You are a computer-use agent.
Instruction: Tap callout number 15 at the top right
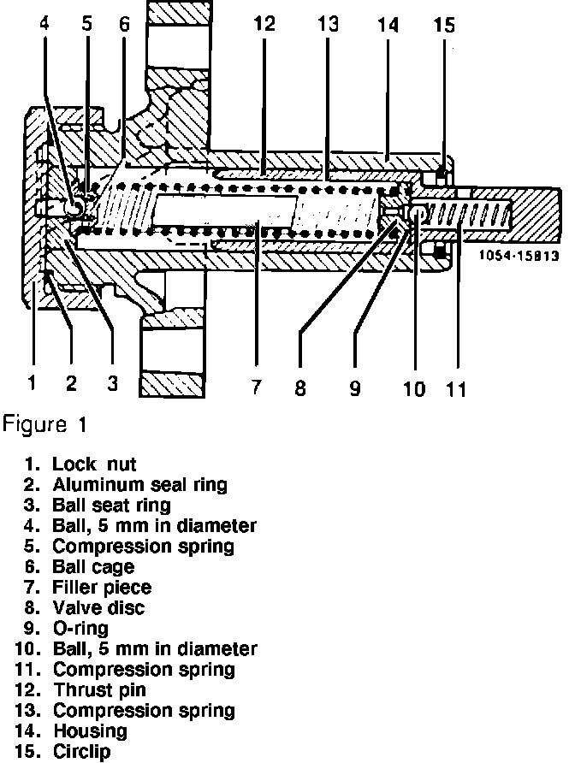click(445, 24)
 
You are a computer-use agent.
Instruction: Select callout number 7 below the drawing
click(255, 387)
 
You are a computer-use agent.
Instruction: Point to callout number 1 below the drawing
click(31, 384)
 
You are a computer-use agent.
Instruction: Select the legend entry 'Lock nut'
click(94, 464)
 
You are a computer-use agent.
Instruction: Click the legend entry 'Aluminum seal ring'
click(139, 485)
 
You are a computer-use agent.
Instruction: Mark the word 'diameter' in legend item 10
click(220, 648)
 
